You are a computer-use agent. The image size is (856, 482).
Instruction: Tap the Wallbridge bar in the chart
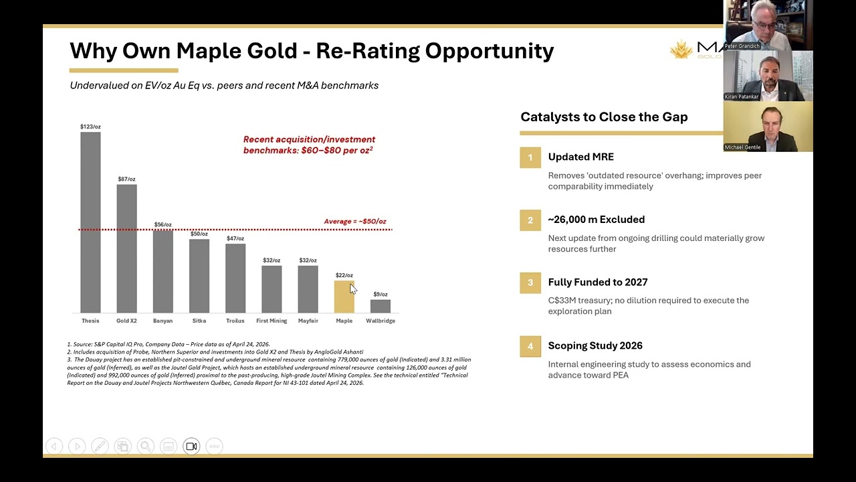(380, 306)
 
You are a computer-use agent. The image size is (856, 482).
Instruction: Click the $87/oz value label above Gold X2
(126, 179)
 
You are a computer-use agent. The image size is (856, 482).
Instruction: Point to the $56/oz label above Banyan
(163, 224)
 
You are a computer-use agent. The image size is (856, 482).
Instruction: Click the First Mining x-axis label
(272, 321)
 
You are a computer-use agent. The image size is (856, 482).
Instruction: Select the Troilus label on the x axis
(235, 321)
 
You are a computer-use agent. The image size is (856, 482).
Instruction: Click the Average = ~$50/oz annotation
(354, 222)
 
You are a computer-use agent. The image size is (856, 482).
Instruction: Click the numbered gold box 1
(530, 157)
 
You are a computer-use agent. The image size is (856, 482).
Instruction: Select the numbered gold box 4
(530, 346)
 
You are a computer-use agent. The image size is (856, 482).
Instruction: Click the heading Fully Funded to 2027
(597, 283)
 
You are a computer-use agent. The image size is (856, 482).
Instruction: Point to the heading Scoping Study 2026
(595, 345)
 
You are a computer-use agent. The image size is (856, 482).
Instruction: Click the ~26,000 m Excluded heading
(596, 220)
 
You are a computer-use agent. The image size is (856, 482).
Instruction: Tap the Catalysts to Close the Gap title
(604, 117)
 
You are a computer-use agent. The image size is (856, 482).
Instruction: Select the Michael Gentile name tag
(743, 147)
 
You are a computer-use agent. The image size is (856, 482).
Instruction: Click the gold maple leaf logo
(681, 50)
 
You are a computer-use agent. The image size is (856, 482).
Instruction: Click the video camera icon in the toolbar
(191, 447)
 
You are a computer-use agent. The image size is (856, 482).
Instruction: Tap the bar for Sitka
(199, 276)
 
